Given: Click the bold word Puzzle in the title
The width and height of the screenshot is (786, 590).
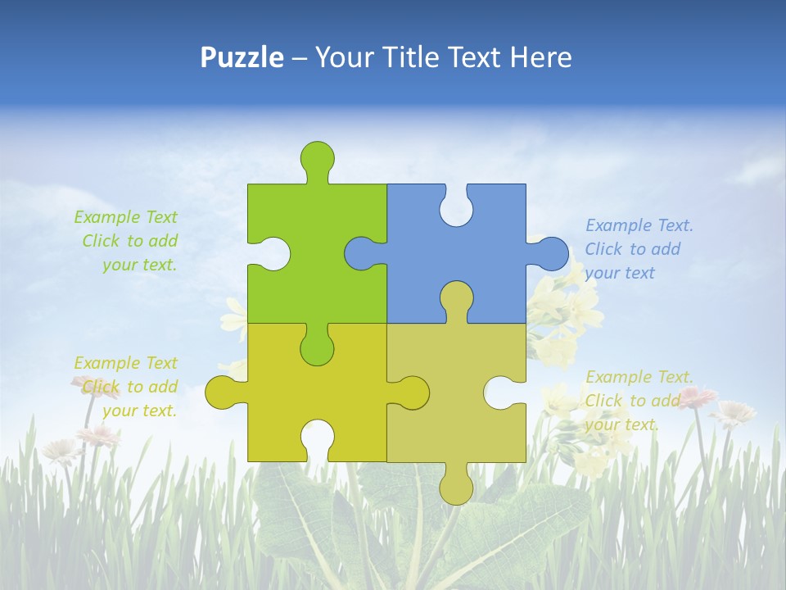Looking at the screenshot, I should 242,57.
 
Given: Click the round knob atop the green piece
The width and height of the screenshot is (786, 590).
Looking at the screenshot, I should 317,157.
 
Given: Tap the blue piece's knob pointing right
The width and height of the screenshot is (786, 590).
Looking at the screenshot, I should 553,253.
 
